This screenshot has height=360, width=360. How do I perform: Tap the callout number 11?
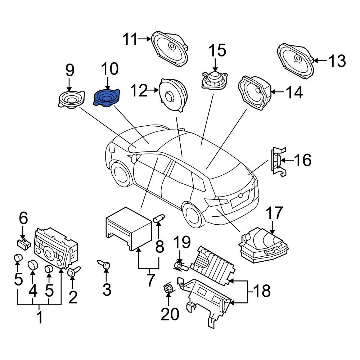pos(130,39)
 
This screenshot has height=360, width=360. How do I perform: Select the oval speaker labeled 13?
pos(296,61)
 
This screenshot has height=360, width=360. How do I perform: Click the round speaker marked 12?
pos(174,95)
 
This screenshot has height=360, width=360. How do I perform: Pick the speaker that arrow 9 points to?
pos(71,99)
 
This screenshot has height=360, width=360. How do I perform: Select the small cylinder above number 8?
pos(159,218)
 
